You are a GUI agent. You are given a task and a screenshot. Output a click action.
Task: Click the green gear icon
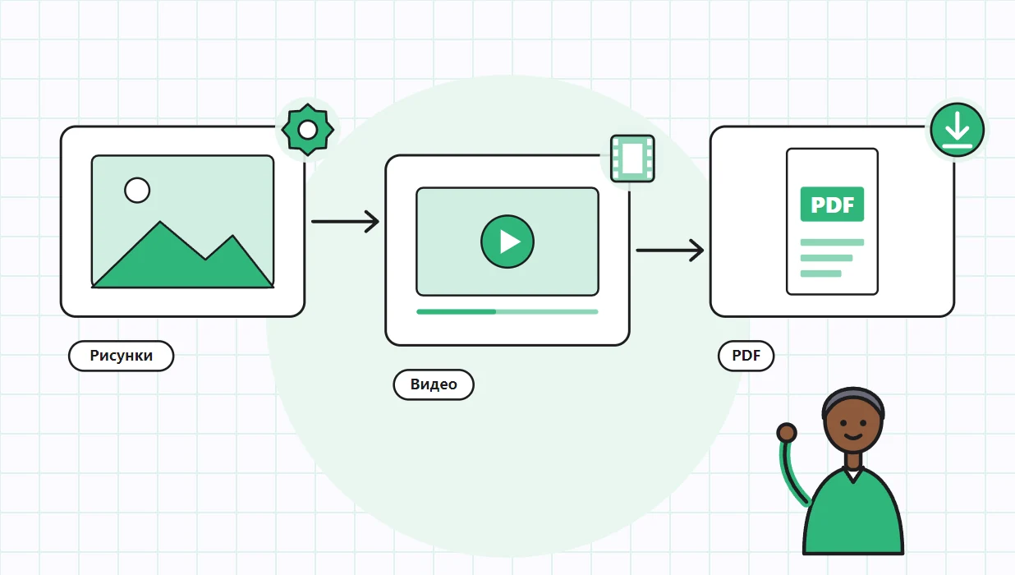click(x=308, y=130)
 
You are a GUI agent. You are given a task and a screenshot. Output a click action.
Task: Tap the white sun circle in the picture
click(x=137, y=191)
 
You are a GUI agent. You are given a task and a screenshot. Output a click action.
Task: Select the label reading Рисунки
click(x=121, y=356)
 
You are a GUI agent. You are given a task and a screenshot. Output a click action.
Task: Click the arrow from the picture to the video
click(x=345, y=222)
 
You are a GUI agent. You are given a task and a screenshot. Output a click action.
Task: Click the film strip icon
click(x=632, y=159)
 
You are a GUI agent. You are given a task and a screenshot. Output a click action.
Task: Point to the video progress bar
click(x=507, y=312)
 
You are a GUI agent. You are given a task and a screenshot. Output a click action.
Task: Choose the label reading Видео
click(x=434, y=384)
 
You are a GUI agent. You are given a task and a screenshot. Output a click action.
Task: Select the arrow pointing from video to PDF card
click(x=670, y=250)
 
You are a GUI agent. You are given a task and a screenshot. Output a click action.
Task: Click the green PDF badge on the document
click(x=832, y=205)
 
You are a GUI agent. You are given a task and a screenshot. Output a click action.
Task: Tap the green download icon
click(x=957, y=130)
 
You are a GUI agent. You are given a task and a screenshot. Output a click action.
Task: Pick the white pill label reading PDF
click(x=746, y=356)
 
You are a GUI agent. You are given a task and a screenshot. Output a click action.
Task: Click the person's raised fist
click(x=787, y=433)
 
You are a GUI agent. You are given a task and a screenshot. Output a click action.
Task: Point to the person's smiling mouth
click(x=853, y=437)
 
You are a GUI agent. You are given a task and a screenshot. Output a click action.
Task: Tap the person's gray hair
click(x=853, y=398)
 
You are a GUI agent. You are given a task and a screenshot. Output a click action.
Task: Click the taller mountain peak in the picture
click(x=160, y=223)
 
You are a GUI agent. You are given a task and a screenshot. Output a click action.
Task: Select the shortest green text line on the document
click(x=820, y=274)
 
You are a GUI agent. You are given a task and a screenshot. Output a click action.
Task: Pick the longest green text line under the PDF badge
click(x=832, y=242)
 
